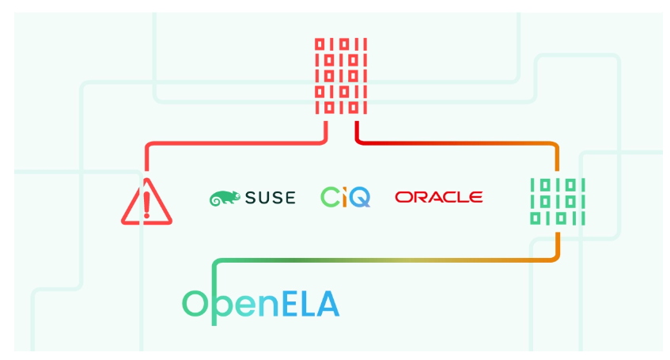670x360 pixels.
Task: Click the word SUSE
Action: click(x=269, y=198)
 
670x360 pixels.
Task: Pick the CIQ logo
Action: click(x=345, y=197)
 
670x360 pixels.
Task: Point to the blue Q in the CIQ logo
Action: click(x=358, y=197)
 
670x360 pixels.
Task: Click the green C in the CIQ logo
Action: click(x=330, y=197)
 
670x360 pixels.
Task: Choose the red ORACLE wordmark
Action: click(x=438, y=197)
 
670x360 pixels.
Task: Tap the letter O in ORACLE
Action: click(x=403, y=197)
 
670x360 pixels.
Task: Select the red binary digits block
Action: click(x=341, y=76)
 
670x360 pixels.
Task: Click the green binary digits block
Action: click(x=557, y=202)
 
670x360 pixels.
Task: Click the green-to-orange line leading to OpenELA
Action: click(x=380, y=260)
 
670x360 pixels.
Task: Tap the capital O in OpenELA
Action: click(x=195, y=304)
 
